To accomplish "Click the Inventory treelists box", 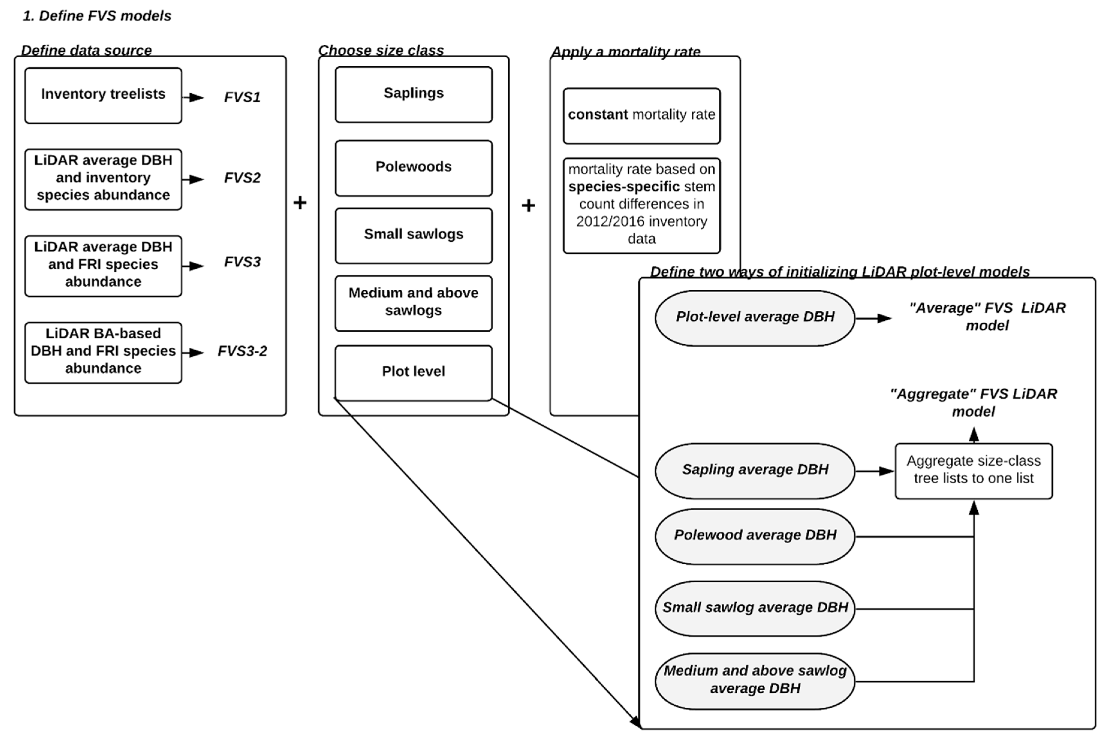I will click(103, 95).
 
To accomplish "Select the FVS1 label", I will click(242, 97).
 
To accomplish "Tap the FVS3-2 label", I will click(242, 351).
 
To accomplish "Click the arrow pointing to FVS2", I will click(194, 179).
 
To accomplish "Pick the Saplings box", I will click(413, 94).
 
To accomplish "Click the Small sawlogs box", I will click(413, 235).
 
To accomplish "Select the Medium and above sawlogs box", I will click(413, 303).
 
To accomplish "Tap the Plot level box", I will click(413, 372).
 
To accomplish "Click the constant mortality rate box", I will click(641, 116).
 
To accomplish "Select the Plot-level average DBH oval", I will click(754, 318).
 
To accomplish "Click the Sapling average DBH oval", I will click(754, 471).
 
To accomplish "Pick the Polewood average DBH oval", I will click(754, 536).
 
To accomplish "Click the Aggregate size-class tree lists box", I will click(973, 471).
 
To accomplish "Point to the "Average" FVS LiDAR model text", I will click(987, 317).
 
